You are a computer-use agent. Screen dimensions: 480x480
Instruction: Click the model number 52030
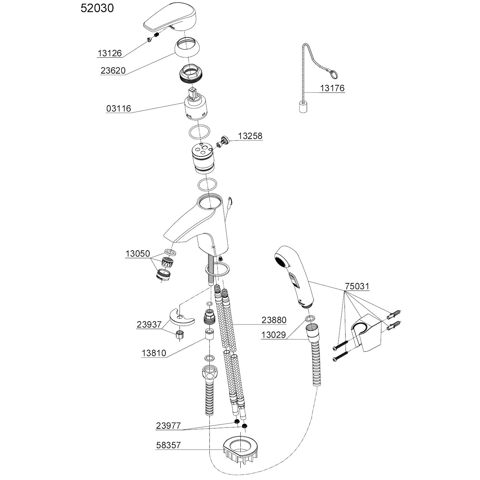[x=97, y=8]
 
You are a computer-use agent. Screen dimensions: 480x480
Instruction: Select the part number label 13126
[x=110, y=53]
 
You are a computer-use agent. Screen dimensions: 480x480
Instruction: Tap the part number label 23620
[x=113, y=70]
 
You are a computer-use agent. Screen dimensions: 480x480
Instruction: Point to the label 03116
[x=119, y=109]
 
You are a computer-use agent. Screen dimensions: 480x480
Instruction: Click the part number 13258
[x=250, y=136]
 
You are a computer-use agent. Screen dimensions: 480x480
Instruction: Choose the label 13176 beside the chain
[x=332, y=88]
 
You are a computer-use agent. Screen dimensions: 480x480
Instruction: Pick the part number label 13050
[x=138, y=254]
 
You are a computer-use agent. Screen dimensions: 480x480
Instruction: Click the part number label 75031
[x=357, y=286]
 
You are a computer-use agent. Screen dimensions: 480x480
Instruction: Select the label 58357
[x=168, y=446]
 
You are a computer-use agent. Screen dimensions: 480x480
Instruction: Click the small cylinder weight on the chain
[x=302, y=108]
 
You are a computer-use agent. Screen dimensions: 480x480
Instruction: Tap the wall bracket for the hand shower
[x=366, y=333]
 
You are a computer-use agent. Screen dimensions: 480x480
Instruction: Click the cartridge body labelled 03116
[x=195, y=107]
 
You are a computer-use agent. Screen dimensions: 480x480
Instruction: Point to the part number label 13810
[x=154, y=353]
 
